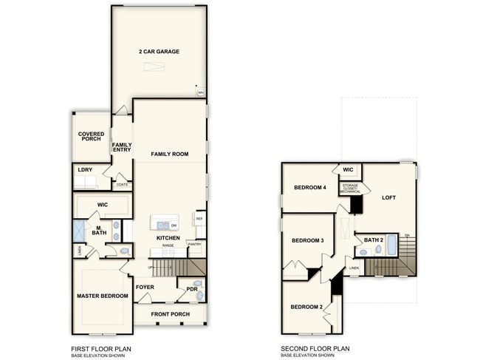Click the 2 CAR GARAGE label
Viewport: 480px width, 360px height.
coord(159,52)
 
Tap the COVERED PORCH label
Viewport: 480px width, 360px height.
coord(92,137)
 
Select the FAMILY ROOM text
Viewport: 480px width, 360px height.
coord(170,154)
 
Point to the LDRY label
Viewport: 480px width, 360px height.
coord(85,170)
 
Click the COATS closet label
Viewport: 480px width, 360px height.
coord(122,184)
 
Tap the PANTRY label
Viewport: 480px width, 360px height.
coord(195,244)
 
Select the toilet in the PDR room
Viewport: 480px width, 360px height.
coord(197,284)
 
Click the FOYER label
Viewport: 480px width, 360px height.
coord(145,288)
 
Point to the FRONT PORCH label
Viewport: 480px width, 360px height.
coord(170,314)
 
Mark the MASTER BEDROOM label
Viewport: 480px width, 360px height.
coord(102,296)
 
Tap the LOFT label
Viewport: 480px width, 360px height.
coord(389,197)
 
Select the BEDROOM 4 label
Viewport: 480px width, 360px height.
coord(309,188)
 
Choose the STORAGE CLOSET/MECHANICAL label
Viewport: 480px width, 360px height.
coord(350,189)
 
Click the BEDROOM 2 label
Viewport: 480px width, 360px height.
coord(306,307)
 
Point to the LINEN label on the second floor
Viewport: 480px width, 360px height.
coord(354,268)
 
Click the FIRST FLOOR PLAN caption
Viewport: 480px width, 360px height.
coord(102,348)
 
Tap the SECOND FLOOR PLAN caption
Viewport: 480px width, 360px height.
coord(315,348)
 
